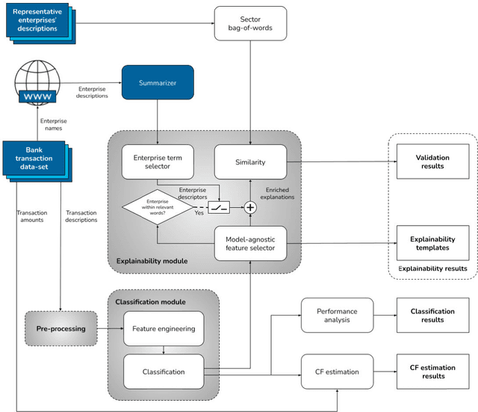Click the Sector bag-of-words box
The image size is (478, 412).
tap(250, 23)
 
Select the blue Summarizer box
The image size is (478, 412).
tap(158, 82)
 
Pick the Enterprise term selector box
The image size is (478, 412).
tap(157, 161)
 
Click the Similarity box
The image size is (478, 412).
tap(250, 161)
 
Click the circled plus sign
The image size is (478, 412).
tap(251, 208)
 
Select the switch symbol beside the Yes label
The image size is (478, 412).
tap(219, 208)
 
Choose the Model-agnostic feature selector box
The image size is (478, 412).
tap(250, 243)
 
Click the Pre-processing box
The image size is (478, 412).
tap(60, 328)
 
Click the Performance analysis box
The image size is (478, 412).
tap(336, 316)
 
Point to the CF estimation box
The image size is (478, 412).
tap(336, 371)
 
